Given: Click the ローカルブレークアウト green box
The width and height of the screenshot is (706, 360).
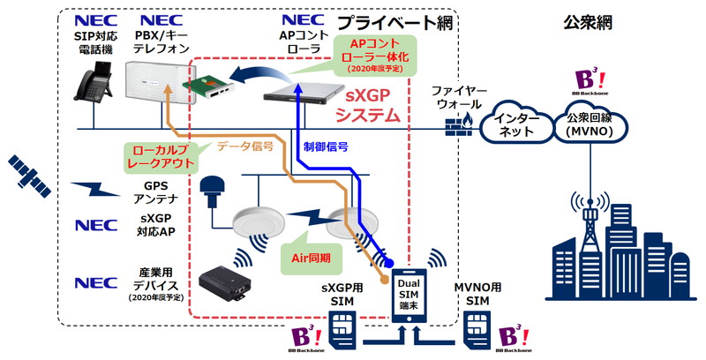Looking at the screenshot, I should tap(158, 156).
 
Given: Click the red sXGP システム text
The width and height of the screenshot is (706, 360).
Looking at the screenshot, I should tap(370, 105).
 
